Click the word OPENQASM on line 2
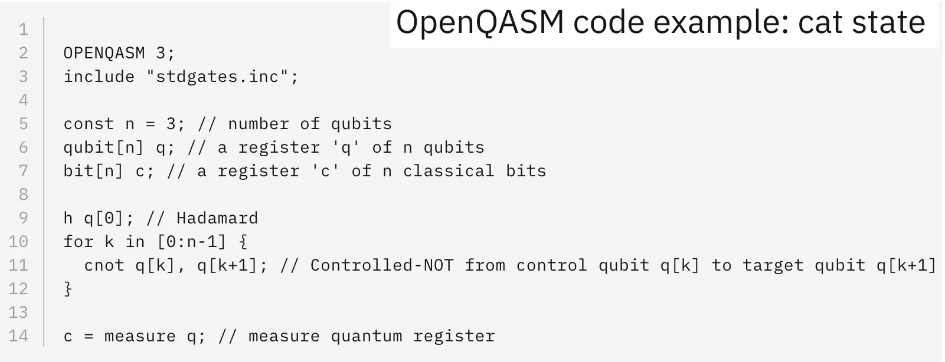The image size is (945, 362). point(104,53)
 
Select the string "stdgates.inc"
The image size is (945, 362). point(217,76)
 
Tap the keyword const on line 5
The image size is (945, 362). point(89,124)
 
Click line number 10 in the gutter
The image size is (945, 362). point(18,242)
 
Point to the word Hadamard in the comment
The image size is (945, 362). point(217,218)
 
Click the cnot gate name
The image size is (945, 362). point(104,265)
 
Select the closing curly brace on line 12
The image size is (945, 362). point(68,289)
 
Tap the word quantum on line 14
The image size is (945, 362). point(367,336)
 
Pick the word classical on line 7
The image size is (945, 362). point(449,170)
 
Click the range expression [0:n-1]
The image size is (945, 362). point(191,242)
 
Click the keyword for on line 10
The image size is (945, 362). point(79,242)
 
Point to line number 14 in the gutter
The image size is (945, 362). point(18,336)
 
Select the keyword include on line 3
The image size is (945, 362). point(99,76)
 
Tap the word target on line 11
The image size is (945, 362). point(773,266)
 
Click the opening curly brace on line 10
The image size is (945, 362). point(243,242)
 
